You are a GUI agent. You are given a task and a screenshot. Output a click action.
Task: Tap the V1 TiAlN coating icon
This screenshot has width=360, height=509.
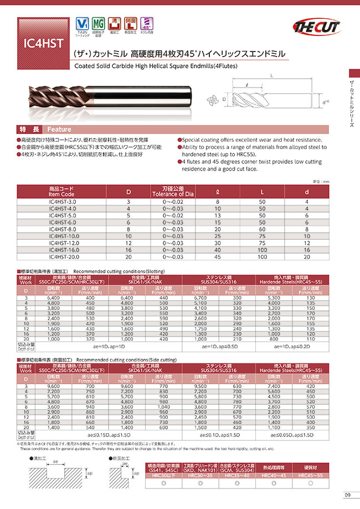(81, 25)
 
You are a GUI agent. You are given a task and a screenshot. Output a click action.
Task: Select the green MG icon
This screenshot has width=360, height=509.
(99, 25)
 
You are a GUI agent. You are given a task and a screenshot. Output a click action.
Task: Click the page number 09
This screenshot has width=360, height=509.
(347, 495)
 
